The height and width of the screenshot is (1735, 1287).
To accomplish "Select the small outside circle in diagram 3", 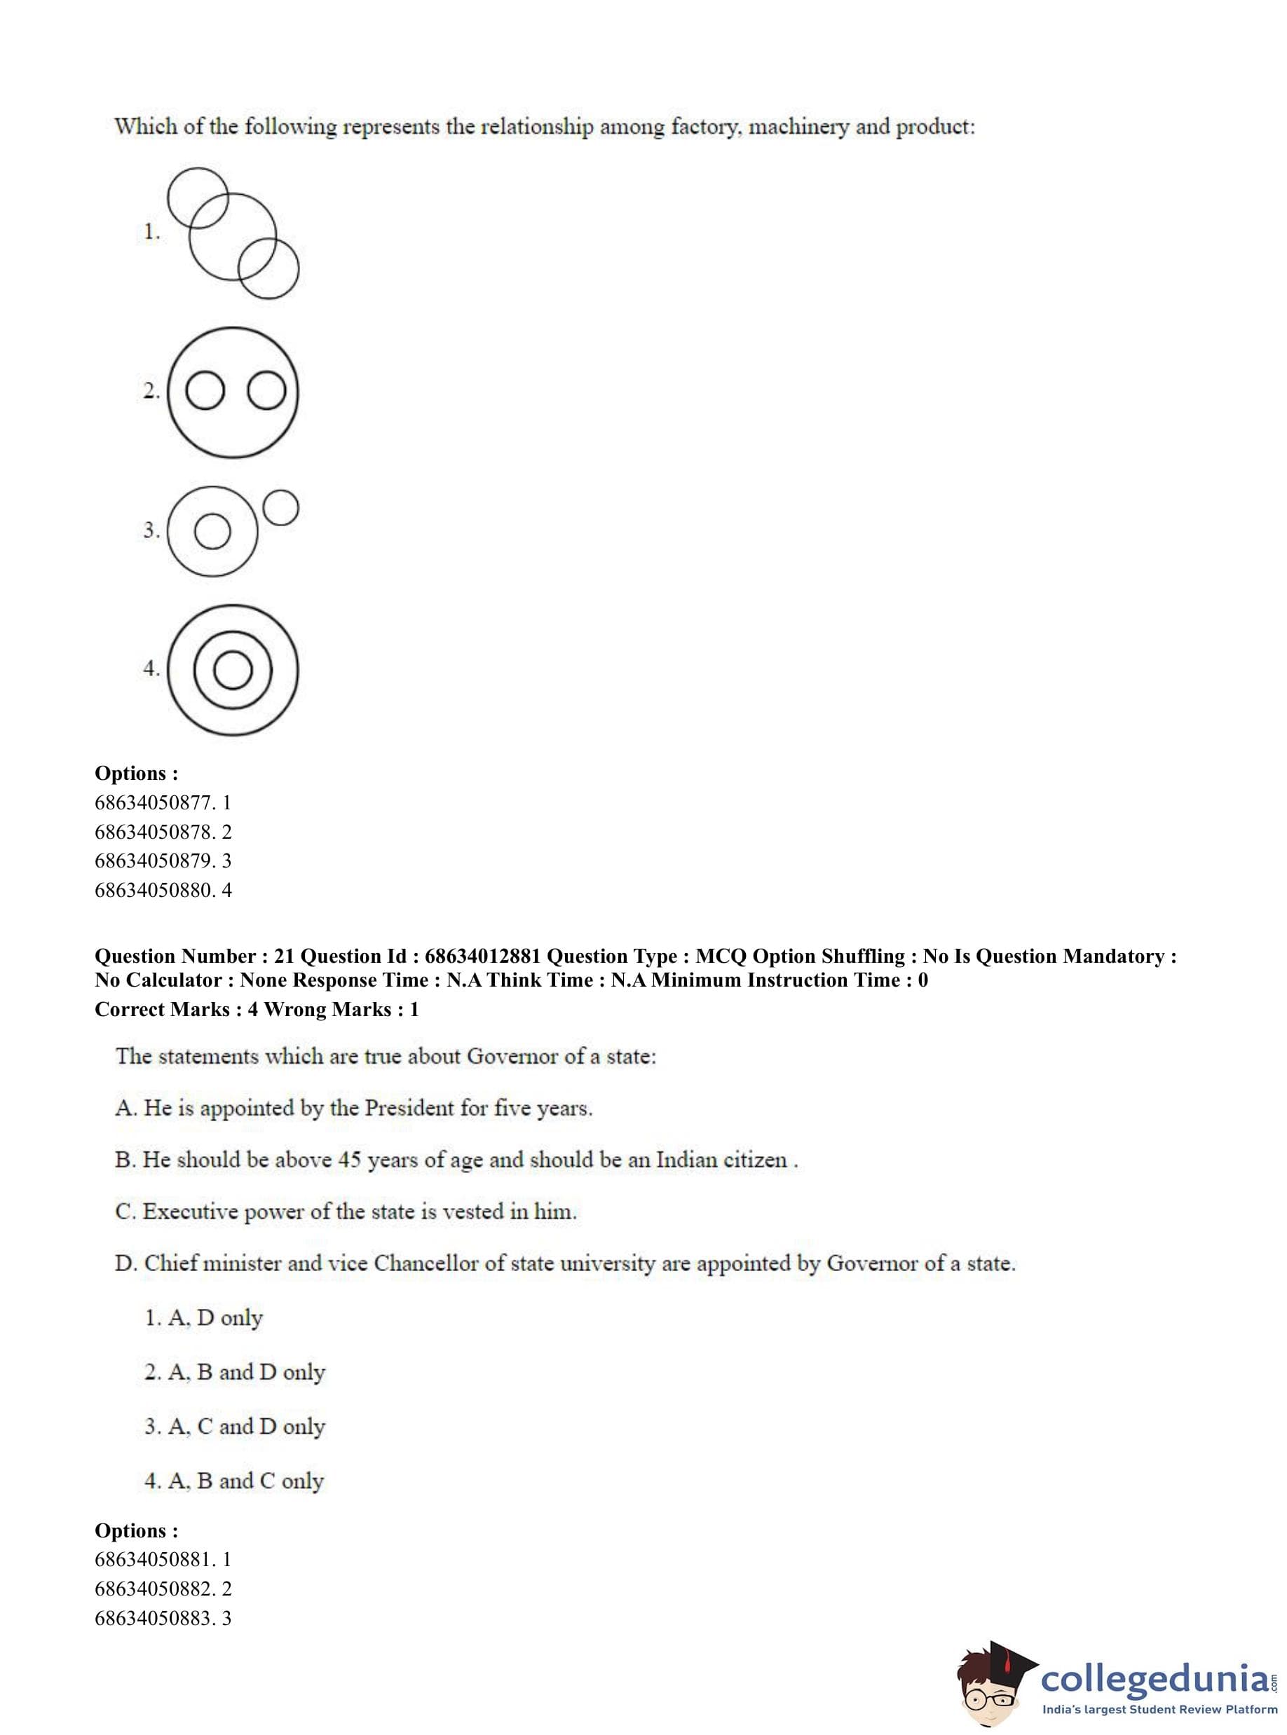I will (280, 508).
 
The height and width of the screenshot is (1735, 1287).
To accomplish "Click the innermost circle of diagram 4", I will (232, 671).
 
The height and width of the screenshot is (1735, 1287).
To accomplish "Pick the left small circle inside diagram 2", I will (205, 391).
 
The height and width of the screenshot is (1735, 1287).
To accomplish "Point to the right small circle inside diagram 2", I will (266, 391).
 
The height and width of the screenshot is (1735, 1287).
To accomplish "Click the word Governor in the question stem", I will (512, 1057).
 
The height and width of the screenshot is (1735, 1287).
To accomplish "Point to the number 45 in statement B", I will (349, 1160).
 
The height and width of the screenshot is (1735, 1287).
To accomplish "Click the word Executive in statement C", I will (190, 1212).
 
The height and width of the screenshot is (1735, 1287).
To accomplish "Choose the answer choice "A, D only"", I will (204, 1317).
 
